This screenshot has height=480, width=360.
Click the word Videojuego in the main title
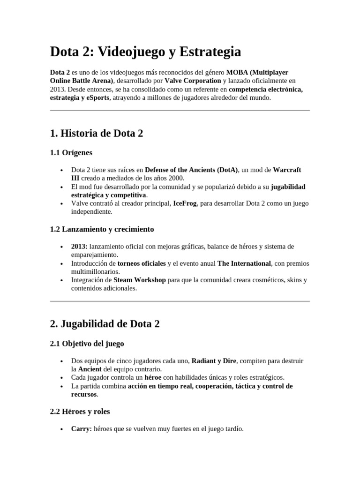(x=128, y=52)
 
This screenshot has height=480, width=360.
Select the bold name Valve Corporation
(x=193, y=81)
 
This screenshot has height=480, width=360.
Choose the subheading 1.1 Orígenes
(x=71, y=152)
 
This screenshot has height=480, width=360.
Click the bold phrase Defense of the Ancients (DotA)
(x=191, y=170)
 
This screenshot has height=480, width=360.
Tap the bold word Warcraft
(x=287, y=170)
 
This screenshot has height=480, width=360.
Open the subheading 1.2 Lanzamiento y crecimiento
(x=102, y=229)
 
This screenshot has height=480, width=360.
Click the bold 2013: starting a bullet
(x=79, y=247)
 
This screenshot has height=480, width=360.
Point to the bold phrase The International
(x=244, y=263)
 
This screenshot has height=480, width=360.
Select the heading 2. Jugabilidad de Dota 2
(x=105, y=324)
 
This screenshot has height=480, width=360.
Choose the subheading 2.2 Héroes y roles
(x=80, y=412)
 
